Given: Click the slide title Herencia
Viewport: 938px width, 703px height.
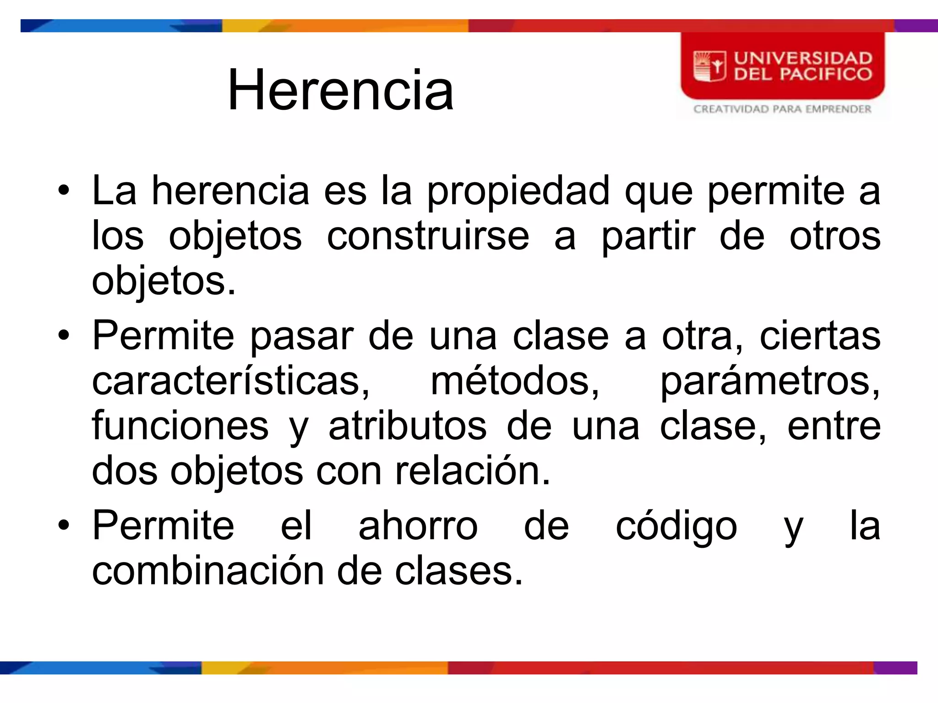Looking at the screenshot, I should (x=340, y=90).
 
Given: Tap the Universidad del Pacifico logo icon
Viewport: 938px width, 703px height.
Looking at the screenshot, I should (x=709, y=67).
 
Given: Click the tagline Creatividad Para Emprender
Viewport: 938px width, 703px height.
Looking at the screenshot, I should (x=782, y=109).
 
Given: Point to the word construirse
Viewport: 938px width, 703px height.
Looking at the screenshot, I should (x=428, y=237).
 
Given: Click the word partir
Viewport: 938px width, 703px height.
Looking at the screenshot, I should (x=648, y=237).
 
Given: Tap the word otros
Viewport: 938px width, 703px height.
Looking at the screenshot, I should (x=834, y=237).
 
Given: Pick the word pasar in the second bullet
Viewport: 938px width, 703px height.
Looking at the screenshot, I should (x=302, y=337).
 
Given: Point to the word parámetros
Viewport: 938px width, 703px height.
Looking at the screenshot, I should (x=769, y=382).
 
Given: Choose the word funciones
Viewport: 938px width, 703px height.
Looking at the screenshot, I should (x=180, y=426).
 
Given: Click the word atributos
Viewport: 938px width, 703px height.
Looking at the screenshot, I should (x=407, y=426).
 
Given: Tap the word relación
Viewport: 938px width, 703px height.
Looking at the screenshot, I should (x=472, y=471).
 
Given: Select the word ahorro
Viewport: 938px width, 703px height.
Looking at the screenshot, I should (x=418, y=526).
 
